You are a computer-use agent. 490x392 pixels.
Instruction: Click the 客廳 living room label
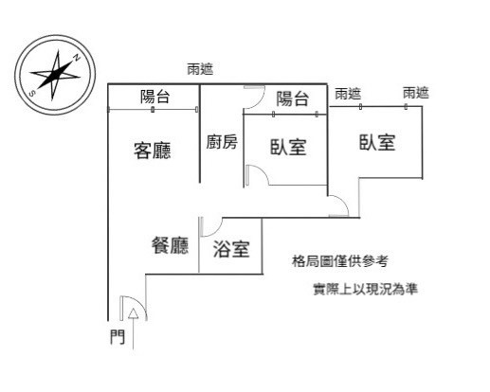153,151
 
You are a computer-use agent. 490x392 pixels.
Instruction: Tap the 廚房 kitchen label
222,142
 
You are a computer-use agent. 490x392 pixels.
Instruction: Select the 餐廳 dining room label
171,245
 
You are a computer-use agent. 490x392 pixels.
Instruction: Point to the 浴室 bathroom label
231,249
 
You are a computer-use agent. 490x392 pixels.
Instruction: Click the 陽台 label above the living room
155,97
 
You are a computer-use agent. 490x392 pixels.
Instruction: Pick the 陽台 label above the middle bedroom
292,98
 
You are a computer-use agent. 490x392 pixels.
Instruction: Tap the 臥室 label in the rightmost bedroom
377,142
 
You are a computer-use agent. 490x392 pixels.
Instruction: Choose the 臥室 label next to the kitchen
288,147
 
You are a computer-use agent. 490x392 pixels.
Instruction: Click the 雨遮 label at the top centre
200,69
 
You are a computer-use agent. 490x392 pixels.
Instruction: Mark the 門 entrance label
118,337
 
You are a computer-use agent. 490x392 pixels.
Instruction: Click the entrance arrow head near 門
134,312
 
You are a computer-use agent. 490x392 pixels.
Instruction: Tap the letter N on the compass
77,58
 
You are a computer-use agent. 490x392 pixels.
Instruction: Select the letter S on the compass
31,94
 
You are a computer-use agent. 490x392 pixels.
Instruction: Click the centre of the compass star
55,75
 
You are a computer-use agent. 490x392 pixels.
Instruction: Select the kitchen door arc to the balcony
259,101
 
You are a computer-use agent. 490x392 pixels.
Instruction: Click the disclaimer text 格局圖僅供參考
340,261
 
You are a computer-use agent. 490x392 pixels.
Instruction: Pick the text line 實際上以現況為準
366,289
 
